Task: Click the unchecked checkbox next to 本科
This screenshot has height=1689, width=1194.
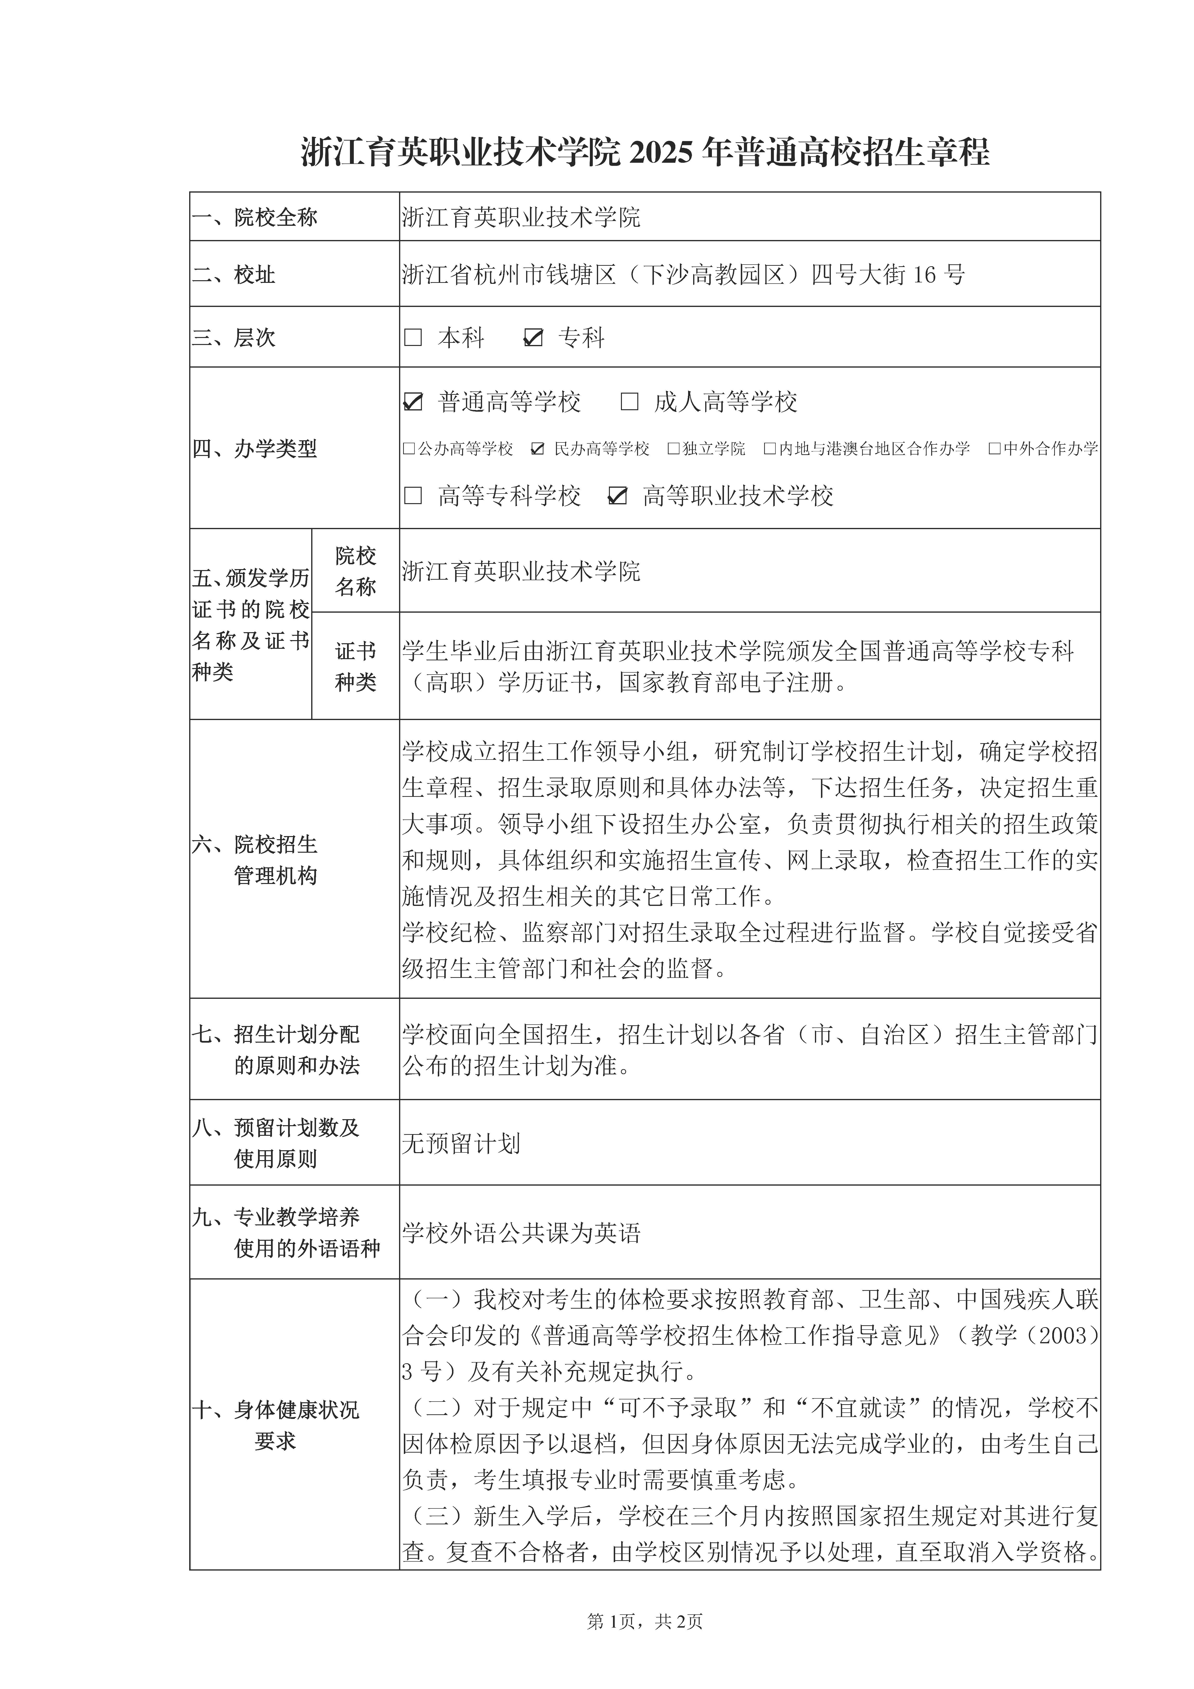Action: [x=413, y=338]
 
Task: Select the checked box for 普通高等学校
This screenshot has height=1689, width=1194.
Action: [x=413, y=402]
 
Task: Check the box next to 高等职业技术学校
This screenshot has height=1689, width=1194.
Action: [x=617, y=496]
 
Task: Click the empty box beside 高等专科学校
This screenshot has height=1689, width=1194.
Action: [x=413, y=496]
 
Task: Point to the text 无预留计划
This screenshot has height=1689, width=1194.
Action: [x=461, y=1143]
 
